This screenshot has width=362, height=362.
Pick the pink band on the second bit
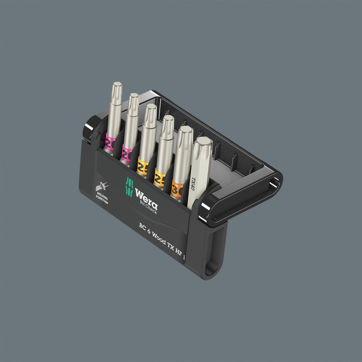pos(126,154)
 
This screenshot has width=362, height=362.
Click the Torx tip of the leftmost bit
pos(117,87)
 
